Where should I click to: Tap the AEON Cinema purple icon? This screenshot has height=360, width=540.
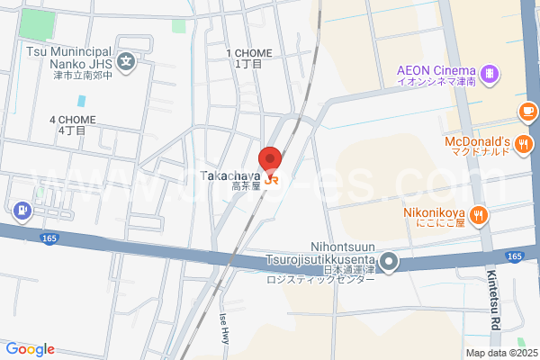(488, 72)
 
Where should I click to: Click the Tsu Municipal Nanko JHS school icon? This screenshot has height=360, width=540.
(128, 63)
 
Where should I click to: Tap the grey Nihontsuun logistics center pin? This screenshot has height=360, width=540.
(389, 263)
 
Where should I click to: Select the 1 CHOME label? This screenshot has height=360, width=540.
(248, 58)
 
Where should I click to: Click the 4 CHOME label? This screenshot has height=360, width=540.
(72, 124)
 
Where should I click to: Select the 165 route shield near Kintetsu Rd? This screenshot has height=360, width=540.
(514, 256)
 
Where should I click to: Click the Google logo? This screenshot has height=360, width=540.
(30, 349)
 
